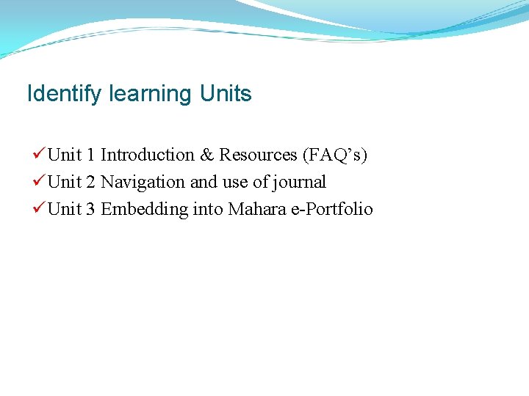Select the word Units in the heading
pos(226,95)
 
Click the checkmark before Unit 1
pos(39,155)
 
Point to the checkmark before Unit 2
pos(39,182)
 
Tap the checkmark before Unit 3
pos(39,209)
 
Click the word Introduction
pos(147,155)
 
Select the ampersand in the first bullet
pos(206,155)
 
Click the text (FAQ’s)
pos(335,155)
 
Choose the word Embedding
pos(144,209)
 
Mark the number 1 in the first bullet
pos(90,155)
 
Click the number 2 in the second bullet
pos(90,182)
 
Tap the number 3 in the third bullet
pos(90,209)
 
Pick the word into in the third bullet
pos(208,209)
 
